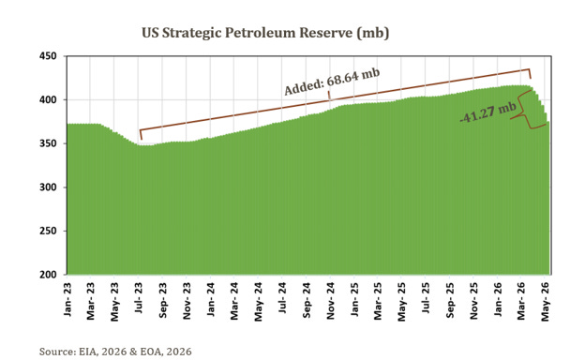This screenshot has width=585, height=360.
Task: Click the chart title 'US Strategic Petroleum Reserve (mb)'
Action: click(x=265, y=33)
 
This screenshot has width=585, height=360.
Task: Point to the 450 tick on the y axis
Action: click(x=48, y=56)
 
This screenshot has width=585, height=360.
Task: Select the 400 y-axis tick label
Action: click(x=48, y=100)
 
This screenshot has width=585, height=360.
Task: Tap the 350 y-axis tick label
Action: click(x=48, y=143)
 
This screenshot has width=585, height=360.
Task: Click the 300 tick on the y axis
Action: click(x=48, y=187)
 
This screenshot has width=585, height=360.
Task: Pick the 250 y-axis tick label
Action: click(x=48, y=231)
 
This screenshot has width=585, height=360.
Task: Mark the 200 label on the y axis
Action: click(x=48, y=275)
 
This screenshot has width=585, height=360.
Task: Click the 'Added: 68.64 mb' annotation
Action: click(x=332, y=82)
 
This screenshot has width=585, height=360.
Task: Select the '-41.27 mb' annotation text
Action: click(x=488, y=112)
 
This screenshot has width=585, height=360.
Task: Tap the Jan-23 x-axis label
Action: click(x=67, y=300)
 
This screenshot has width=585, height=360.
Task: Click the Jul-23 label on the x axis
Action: click(x=139, y=298)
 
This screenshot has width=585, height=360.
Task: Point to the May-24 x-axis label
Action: click(x=259, y=302)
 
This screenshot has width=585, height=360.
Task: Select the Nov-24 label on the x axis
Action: click(x=331, y=302)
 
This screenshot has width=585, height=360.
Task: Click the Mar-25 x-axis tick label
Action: click(x=379, y=302)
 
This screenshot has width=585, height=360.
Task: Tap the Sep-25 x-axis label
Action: click(x=450, y=301)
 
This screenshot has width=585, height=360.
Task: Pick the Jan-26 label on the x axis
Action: click(x=498, y=300)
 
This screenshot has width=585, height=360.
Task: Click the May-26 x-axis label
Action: click(x=546, y=302)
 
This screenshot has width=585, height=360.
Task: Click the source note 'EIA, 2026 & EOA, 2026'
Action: click(x=135, y=352)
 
